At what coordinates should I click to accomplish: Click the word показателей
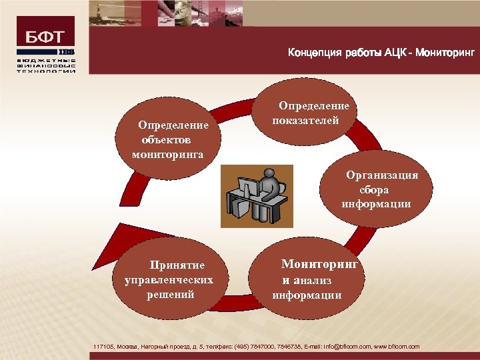306,121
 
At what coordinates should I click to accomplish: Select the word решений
171,294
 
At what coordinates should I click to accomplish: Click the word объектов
165,140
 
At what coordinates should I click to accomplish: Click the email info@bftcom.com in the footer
340,347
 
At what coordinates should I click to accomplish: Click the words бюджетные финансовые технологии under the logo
45,65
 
